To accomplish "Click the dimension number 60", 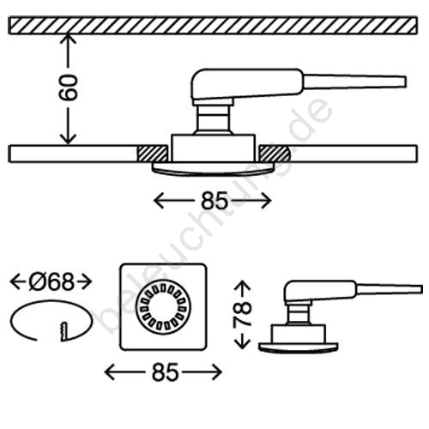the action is tap(68, 88).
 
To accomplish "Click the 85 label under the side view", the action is tap(214, 201).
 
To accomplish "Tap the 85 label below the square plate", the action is tap(166, 372).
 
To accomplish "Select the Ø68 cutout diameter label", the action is tap(51, 281).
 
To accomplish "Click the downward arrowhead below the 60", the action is tap(68, 139).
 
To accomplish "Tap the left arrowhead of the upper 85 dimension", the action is tap(159, 201).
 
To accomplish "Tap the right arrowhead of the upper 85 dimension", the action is tap(266, 201).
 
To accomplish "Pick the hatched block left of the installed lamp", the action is tap(153, 154).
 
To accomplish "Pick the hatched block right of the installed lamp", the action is tap(275, 154).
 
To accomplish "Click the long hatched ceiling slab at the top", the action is tap(213, 26).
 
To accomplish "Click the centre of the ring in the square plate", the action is tap(163, 307).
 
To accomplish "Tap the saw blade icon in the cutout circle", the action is tap(63, 331).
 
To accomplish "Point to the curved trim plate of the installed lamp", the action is tap(212, 169).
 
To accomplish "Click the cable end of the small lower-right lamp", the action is tap(420, 289).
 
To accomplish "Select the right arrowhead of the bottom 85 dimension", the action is tap(217, 372).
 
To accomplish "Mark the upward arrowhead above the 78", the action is tap(243, 286).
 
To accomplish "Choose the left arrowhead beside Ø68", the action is tap(15, 281).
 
